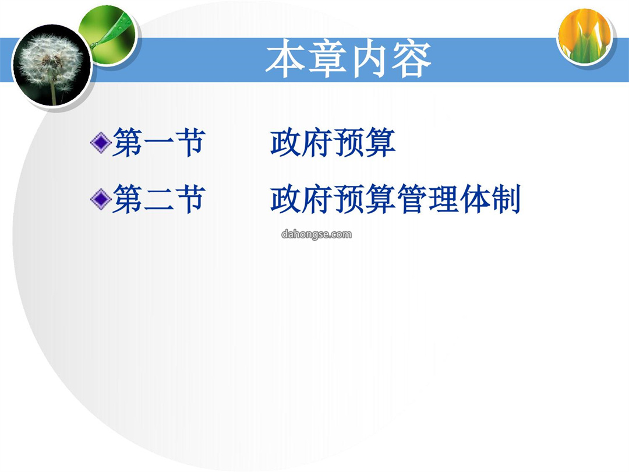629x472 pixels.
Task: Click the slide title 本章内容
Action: [x=348, y=59]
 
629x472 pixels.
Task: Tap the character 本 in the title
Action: [x=285, y=59]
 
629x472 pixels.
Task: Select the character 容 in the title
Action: [x=411, y=59]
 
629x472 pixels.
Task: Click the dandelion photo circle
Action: [x=51, y=66]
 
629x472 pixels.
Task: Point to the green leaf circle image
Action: [x=108, y=36]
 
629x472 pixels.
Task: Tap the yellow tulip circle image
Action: [x=585, y=37]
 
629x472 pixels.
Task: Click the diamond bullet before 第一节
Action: [x=101, y=143]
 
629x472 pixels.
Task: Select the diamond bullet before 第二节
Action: [x=101, y=199]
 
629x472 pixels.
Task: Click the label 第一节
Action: [x=159, y=143]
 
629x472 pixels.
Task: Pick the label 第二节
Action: [x=159, y=199]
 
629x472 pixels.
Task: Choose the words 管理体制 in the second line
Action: [x=458, y=199]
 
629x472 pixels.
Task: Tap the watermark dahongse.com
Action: [x=316, y=234]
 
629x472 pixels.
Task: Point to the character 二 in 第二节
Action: [x=159, y=200]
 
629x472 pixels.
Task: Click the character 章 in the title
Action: [x=327, y=59]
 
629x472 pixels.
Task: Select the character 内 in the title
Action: [x=369, y=59]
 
